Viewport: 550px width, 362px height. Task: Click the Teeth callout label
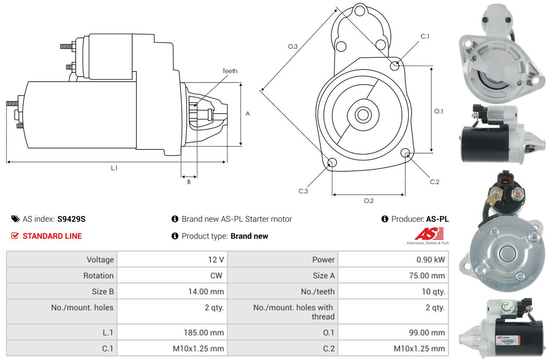click(x=230, y=71)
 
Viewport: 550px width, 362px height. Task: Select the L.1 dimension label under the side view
click(x=114, y=168)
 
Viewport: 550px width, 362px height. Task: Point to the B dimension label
click(x=189, y=182)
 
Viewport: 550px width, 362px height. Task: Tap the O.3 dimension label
click(x=293, y=46)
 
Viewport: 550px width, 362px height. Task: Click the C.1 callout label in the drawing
click(x=425, y=36)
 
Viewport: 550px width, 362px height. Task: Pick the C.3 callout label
click(x=303, y=191)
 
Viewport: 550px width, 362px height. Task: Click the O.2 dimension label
click(x=369, y=201)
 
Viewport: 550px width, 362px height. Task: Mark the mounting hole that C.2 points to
click(x=405, y=153)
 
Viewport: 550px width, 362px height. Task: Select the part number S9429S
click(x=71, y=219)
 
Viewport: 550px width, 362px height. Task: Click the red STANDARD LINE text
click(x=52, y=236)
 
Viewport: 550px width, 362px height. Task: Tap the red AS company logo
click(x=429, y=234)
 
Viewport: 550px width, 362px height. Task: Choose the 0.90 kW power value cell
click(x=393, y=259)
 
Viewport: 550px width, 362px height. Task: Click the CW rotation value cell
click(x=172, y=275)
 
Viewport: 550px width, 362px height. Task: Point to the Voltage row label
click(x=100, y=260)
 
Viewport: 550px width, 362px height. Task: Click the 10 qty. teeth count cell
click(x=393, y=291)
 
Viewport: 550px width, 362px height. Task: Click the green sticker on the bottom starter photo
click(x=507, y=307)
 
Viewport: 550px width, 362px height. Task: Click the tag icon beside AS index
click(x=15, y=219)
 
